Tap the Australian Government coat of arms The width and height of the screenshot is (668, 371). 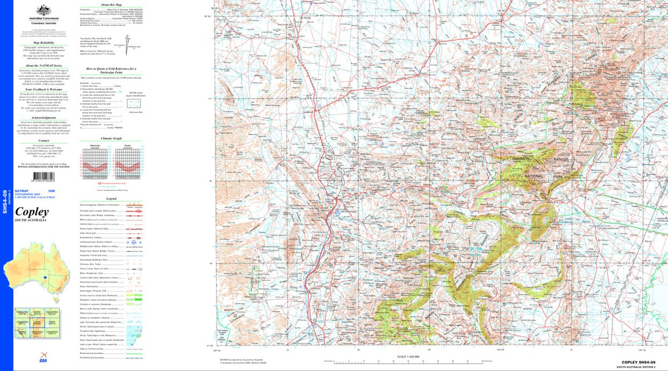coord(44,10)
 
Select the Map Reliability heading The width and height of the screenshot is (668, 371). coord(43,42)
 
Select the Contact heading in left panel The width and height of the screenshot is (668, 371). coord(43,141)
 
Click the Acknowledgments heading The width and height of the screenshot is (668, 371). coord(43,118)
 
